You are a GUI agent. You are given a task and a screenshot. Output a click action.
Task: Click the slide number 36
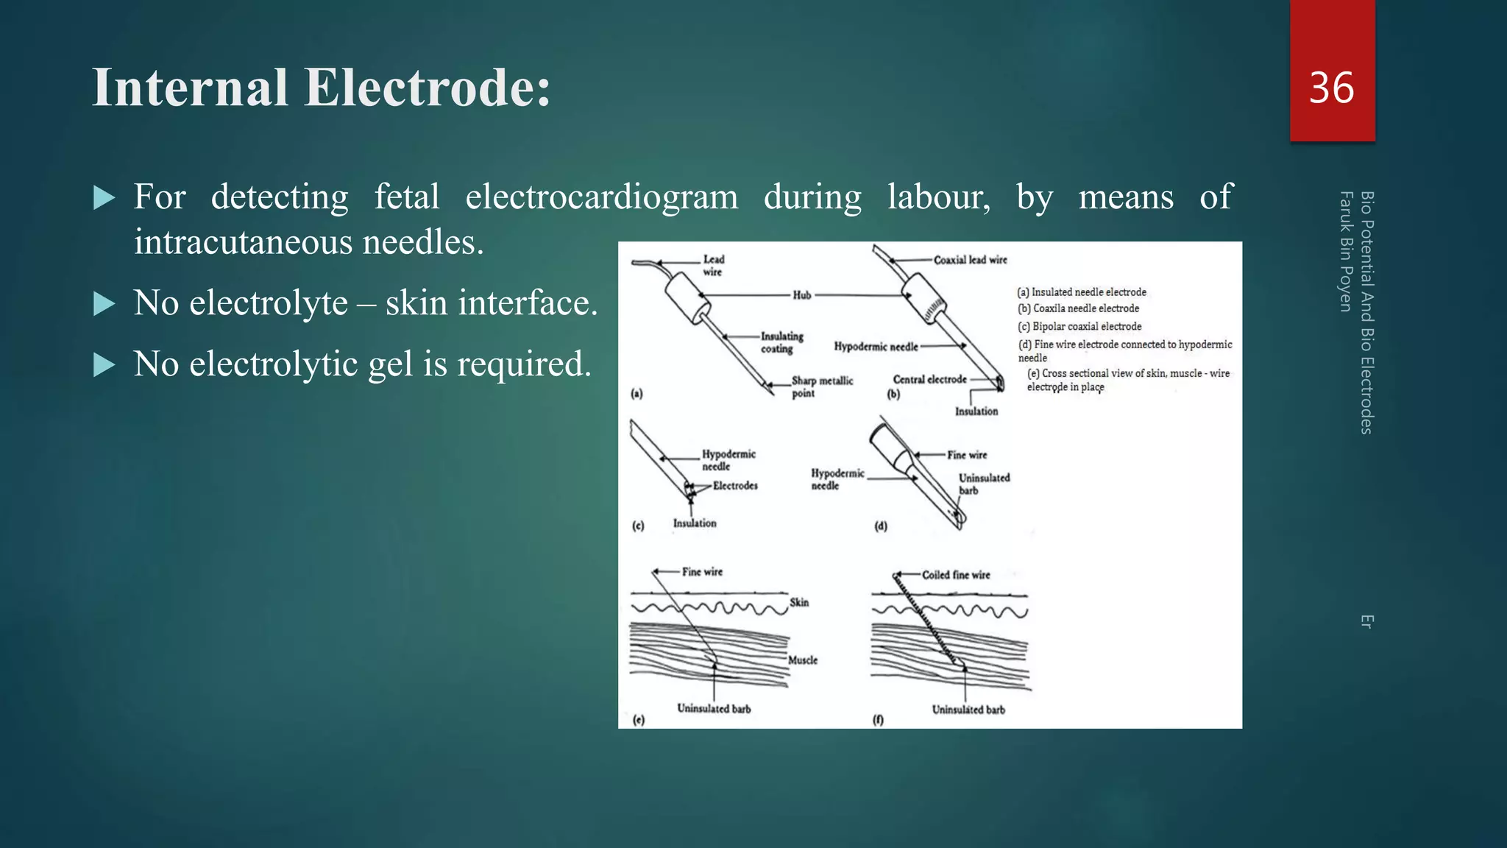[x=1331, y=88]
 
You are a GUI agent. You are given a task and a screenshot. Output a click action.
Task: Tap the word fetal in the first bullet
[x=406, y=197]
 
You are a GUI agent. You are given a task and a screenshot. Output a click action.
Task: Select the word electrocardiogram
[x=601, y=197]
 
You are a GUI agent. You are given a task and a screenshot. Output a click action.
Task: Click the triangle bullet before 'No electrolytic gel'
[x=104, y=365]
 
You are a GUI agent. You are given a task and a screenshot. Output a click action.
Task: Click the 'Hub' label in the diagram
[x=801, y=295]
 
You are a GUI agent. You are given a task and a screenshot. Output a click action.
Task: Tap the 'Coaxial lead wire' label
[x=970, y=260]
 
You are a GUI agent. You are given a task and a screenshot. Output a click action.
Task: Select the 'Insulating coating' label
[x=781, y=342]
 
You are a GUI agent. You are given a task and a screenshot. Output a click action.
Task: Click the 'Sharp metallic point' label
[x=821, y=386]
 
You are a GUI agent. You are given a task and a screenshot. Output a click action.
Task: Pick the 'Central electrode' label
[x=929, y=380]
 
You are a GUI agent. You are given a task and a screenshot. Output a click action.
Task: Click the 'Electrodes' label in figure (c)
[x=734, y=486]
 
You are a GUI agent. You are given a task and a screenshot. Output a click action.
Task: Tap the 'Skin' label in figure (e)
[x=799, y=603]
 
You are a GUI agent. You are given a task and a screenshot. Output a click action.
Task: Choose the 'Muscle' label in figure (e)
[x=802, y=660]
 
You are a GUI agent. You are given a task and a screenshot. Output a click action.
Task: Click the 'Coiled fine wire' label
[x=955, y=575]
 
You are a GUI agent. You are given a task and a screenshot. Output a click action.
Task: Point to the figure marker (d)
[x=881, y=526]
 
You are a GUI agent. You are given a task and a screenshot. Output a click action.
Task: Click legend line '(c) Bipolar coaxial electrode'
[x=1079, y=327]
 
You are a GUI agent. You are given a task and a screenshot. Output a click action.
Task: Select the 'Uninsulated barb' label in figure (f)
[x=968, y=710]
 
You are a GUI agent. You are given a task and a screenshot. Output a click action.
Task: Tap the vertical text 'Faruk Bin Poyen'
[x=1346, y=251]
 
